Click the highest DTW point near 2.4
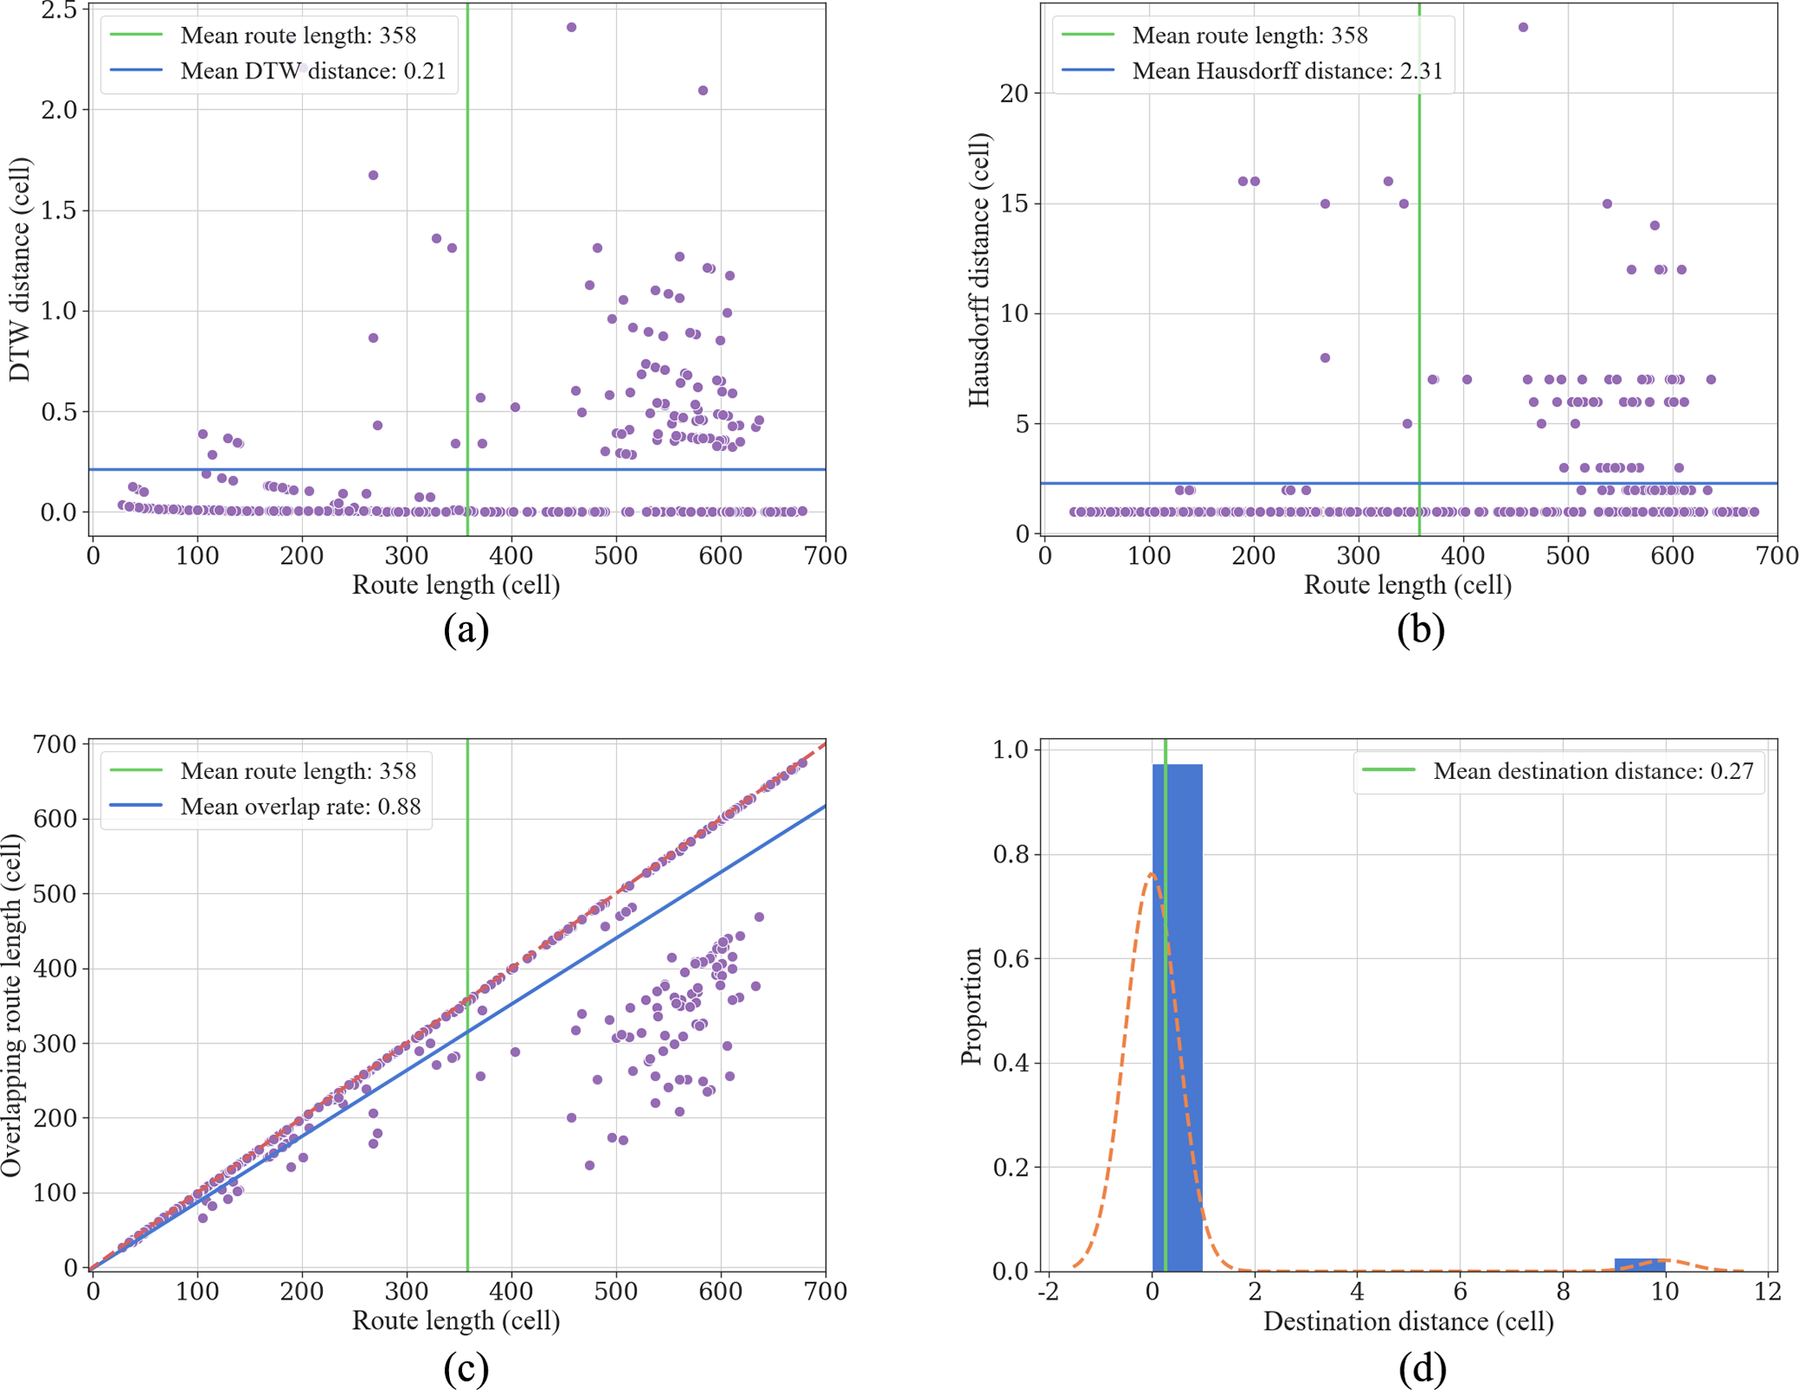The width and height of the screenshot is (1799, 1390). (571, 28)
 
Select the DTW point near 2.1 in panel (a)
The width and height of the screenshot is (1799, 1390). (703, 91)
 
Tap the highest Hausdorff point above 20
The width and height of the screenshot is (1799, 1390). (1523, 28)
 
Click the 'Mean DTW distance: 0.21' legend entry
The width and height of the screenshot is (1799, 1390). (312, 71)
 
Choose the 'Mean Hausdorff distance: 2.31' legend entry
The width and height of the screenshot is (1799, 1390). (1286, 71)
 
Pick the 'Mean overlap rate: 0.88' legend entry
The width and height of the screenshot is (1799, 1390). (300, 807)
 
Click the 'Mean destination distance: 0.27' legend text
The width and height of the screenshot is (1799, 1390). (1593, 771)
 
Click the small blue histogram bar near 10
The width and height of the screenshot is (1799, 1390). (1640, 1264)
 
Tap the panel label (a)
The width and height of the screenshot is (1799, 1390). (466, 628)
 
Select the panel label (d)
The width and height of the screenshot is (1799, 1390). (1422, 1367)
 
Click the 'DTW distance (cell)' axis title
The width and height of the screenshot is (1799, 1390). (19, 270)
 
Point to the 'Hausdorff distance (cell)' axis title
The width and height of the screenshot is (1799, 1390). (979, 270)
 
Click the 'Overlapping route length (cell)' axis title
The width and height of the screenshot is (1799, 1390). (12, 1005)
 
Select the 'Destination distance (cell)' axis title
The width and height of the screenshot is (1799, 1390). (1408, 1321)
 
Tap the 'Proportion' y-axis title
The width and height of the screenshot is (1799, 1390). (971, 1005)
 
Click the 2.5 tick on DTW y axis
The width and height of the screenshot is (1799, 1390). (59, 10)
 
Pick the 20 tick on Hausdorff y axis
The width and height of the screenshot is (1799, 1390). (1014, 93)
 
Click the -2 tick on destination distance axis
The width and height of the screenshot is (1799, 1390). (1049, 1291)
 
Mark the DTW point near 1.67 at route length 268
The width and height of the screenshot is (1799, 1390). (373, 176)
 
